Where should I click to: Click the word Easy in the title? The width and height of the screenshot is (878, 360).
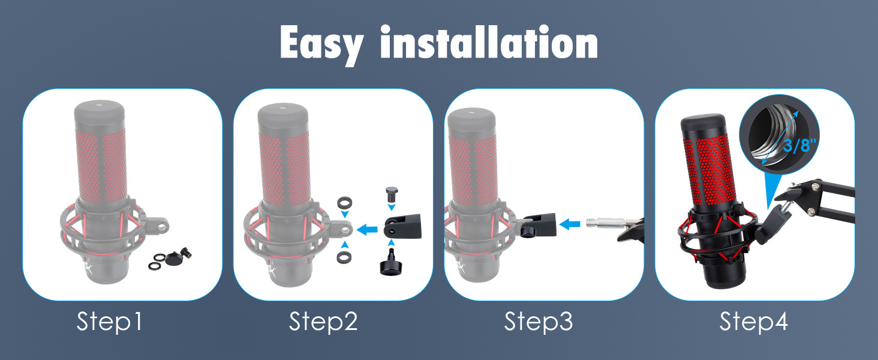(321, 44)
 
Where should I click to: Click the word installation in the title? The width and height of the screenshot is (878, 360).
(489, 41)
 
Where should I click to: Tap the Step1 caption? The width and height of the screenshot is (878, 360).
(109, 322)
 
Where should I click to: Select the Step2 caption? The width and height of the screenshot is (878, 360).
(323, 322)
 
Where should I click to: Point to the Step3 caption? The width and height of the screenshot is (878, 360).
(539, 322)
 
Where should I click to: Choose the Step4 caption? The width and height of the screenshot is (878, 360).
(753, 322)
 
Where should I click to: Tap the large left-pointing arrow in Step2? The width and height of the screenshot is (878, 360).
(367, 229)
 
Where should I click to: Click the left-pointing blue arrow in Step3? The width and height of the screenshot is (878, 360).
(570, 224)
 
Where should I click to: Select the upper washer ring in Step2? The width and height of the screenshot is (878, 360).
(344, 203)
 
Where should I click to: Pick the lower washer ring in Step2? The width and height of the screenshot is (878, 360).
(344, 257)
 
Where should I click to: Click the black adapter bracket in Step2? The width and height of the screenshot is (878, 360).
(402, 226)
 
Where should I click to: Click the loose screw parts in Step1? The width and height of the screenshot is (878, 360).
(173, 259)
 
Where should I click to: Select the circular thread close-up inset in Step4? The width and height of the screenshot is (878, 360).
(779, 135)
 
